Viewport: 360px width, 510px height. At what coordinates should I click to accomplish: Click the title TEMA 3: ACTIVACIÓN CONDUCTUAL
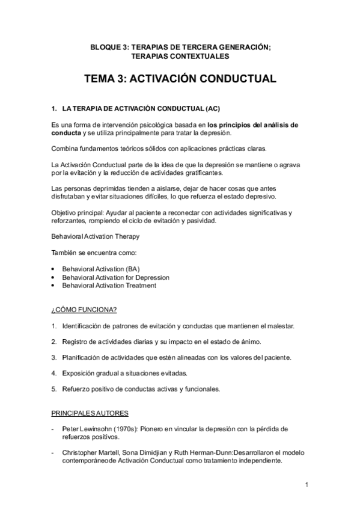pyautogui.click(x=180, y=79)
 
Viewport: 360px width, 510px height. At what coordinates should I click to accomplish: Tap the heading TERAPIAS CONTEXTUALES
pyautogui.click(x=180, y=56)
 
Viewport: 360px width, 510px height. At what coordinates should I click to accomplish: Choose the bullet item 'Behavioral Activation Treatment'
pyautogui.click(x=109, y=286)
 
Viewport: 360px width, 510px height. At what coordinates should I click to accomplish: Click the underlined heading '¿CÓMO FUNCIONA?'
pyautogui.click(x=84, y=310)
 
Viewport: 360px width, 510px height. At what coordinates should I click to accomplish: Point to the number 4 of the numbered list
pyautogui.click(x=54, y=373)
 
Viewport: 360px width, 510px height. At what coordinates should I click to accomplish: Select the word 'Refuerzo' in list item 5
pyautogui.click(x=76, y=389)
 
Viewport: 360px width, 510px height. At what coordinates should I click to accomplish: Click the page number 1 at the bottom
pyautogui.click(x=306, y=485)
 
